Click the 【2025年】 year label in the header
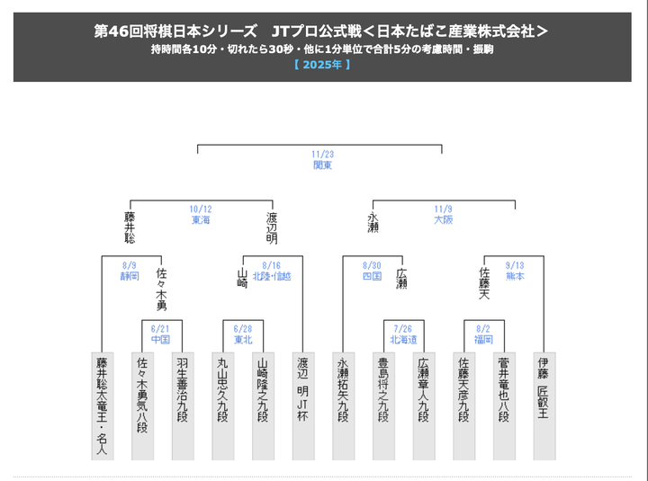(322, 65)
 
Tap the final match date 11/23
(322, 155)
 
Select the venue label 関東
(322, 165)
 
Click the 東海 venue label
(200, 220)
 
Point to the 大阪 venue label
(443, 220)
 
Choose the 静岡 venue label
(130, 276)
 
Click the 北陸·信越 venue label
(272, 276)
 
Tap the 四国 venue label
(371, 276)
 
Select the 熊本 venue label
(515, 276)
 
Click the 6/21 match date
(161, 329)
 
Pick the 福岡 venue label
(482, 340)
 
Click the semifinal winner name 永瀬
(373, 223)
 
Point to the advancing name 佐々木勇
(161, 288)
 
